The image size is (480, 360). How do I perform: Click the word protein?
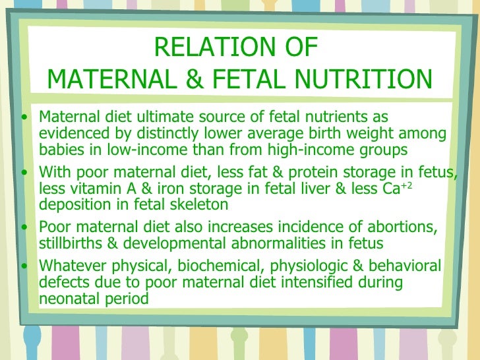tap(296, 173)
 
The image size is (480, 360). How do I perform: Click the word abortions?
tap(398, 228)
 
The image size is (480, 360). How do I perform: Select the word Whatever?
tap(71, 267)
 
